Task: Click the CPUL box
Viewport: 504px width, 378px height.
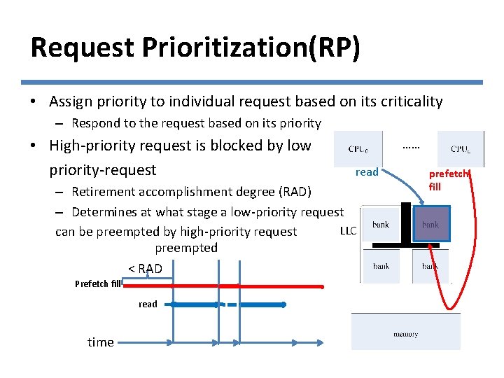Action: click(x=461, y=149)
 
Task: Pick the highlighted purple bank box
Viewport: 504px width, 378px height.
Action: click(x=430, y=225)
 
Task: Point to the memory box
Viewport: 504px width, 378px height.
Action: click(x=405, y=334)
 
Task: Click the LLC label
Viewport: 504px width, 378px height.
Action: click(x=348, y=230)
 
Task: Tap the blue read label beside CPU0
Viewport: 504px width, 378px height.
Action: click(x=367, y=172)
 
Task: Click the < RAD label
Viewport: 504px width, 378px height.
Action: click(x=145, y=269)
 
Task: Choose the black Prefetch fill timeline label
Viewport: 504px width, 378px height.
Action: click(x=98, y=283)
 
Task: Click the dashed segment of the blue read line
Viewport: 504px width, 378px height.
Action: click(x=229, y=304)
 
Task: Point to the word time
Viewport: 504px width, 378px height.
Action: click(x=100, y=342)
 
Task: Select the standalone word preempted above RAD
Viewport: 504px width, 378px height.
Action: click(x=186, y=248)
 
